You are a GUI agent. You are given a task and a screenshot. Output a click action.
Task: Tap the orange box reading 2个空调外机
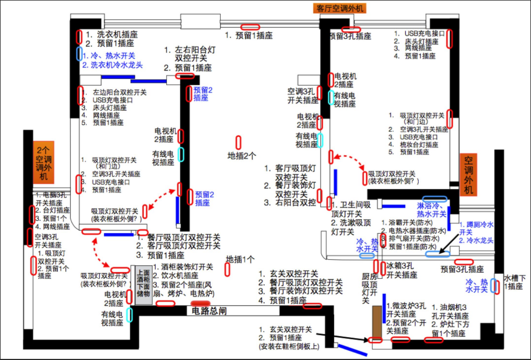[43, 163]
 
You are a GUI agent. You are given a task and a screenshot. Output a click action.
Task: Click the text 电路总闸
[209, 311]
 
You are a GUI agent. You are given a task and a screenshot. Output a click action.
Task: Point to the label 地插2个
[242, 156]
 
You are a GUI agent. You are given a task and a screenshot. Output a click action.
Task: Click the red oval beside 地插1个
[227, 269]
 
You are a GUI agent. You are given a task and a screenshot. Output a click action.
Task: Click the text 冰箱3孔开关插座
[401, 270]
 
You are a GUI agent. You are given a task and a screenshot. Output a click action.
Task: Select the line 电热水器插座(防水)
[417, 231]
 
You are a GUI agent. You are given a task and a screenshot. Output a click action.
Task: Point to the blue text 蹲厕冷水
[477, 225]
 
